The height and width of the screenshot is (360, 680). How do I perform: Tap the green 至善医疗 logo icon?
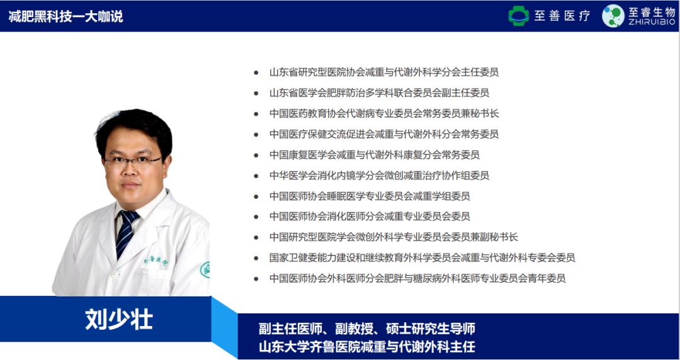click(x=519, y=16)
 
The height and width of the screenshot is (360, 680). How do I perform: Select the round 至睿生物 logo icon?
click(x=613, y=16)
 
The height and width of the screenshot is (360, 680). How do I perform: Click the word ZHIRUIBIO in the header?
click(x=650, y=23)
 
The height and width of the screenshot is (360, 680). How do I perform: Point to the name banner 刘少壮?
click(x=119, y=320)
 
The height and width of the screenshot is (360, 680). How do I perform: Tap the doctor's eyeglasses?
click(x=132, y=160)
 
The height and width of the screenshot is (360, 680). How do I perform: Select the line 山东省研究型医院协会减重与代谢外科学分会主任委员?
click(x=383, y=72)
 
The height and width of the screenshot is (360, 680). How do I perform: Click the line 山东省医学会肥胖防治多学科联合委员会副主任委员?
click(x=379, y=93)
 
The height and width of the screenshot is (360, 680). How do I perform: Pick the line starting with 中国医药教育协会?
click(x=383, y=114)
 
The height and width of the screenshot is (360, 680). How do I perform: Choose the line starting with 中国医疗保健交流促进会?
click(x=383, y=134)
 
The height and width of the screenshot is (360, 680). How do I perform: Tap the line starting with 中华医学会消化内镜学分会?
click(x=379, y=176)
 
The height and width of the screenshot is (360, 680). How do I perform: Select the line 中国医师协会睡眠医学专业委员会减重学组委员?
click(x=370, y=196)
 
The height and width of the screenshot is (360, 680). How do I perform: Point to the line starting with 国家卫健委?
click(x=422, y=257)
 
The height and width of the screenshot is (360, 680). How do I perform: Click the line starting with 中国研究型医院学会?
click(x=394, y=237)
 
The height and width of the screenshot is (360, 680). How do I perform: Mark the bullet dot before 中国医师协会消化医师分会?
click(x=256, y=217)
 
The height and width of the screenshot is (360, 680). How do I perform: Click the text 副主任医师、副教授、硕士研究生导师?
click(x=366, y=329)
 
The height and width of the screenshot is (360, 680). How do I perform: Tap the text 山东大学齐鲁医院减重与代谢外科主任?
click(x=366, y=346)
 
